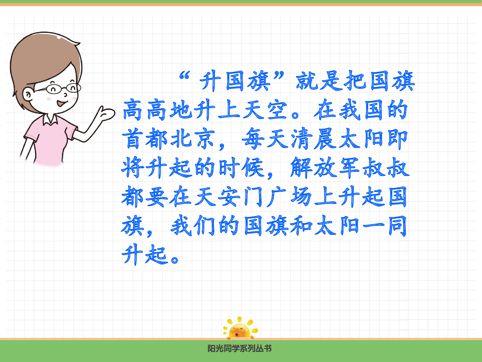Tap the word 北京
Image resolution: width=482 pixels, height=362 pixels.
(192, 139)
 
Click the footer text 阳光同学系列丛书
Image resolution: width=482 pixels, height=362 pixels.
(239, 348)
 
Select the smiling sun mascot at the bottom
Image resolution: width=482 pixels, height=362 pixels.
(239, 329)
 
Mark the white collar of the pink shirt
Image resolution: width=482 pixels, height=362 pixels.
(50, 119)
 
